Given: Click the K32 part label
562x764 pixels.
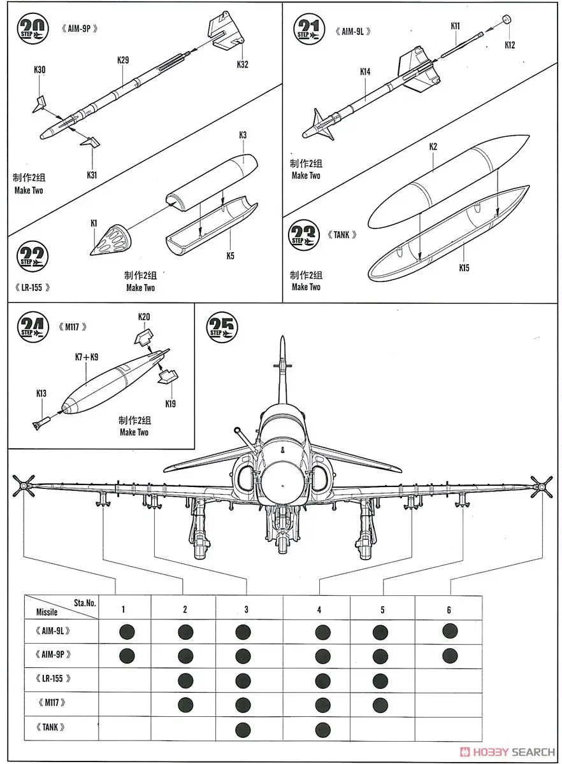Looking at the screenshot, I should (x=242, y=64).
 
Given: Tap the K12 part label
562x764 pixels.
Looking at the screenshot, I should (x=510, y=45).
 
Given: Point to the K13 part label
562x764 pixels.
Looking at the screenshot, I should (x=41, y=393).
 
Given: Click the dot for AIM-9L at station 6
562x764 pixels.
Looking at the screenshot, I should (x=449, y=631).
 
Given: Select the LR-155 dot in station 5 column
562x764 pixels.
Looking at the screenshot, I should (x=380, y=679).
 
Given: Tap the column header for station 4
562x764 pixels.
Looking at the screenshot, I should (x=319, y=610).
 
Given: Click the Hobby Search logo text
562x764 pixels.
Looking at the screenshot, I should (x=509, y=751).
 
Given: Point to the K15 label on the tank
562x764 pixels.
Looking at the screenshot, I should (x=464, y=267).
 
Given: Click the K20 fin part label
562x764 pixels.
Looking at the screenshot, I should (x=144, y=317).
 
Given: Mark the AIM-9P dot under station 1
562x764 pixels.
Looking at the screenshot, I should (x=126, y=655).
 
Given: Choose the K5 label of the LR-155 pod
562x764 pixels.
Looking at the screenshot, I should (x=230, y=256).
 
